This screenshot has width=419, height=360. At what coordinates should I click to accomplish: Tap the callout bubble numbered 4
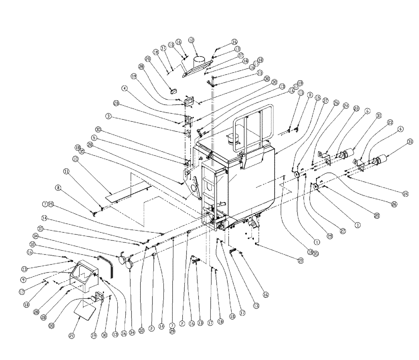point(124,88)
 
